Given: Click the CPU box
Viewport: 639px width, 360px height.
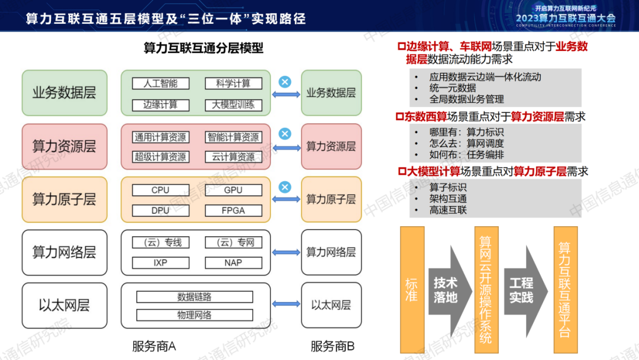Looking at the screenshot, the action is (160, 191).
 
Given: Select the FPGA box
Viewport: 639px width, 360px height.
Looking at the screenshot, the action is (234, 210).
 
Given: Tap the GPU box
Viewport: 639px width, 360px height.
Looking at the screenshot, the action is (234, 191).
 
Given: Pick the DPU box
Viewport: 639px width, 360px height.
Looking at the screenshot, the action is (160, 210).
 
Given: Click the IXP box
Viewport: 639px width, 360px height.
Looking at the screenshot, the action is (160, 262).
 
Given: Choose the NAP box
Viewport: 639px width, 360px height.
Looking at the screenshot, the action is (234, 262).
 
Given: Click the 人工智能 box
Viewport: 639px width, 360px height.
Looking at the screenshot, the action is (160, 83).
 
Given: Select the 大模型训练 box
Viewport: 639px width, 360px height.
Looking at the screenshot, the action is (234, 105).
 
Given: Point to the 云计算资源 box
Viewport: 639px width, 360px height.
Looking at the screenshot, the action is (234, 157).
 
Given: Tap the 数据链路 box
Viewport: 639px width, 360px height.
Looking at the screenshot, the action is (195, 297).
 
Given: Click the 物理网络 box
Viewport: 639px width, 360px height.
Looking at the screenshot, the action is (195, 315).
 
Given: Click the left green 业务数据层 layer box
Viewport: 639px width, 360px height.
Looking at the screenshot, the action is (64, 93).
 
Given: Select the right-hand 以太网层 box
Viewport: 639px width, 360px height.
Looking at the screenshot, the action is (331, 306).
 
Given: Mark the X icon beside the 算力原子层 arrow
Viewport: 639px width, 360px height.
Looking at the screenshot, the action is (285, 187).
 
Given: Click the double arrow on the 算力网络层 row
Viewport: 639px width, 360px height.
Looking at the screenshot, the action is (286, 252).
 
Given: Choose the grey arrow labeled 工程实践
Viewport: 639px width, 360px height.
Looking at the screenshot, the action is (523, 290).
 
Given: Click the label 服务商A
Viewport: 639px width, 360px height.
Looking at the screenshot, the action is (154, 346).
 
